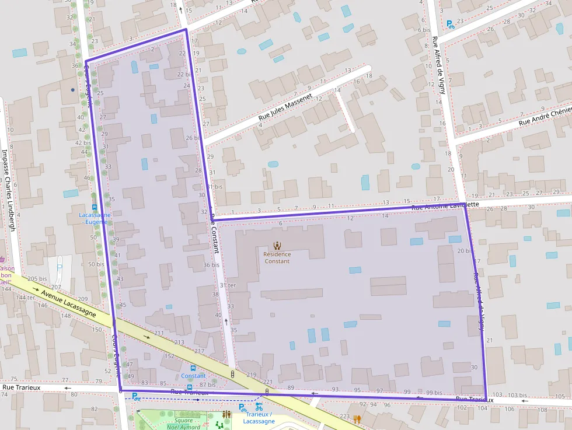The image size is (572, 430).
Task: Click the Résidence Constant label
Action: [x=277, y=257]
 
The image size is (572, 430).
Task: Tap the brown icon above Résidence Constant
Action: [x=277, y=246]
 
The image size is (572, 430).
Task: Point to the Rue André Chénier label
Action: [x=545, y=116]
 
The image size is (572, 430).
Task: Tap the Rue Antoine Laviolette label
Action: [x=445, y=206]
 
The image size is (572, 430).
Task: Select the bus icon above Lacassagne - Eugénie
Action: [x=95, y=207]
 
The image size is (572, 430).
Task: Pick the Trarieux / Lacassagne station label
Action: [x=259, y=418]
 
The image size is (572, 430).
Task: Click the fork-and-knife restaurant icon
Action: [x=357, y=418]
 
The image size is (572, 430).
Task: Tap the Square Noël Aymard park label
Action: [x=188, y=423]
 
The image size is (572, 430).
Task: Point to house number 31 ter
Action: [x=228, y=285]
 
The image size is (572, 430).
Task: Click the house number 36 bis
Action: [x=211, y=265]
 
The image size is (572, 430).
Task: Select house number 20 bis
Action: [x=465, y=251]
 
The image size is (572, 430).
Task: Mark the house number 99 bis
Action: [x=433, y=393]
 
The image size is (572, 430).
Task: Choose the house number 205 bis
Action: [x=37, y=279]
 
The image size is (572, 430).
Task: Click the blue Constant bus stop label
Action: [x=193, y=376]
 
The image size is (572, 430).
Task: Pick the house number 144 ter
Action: [x=26, y=298]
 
